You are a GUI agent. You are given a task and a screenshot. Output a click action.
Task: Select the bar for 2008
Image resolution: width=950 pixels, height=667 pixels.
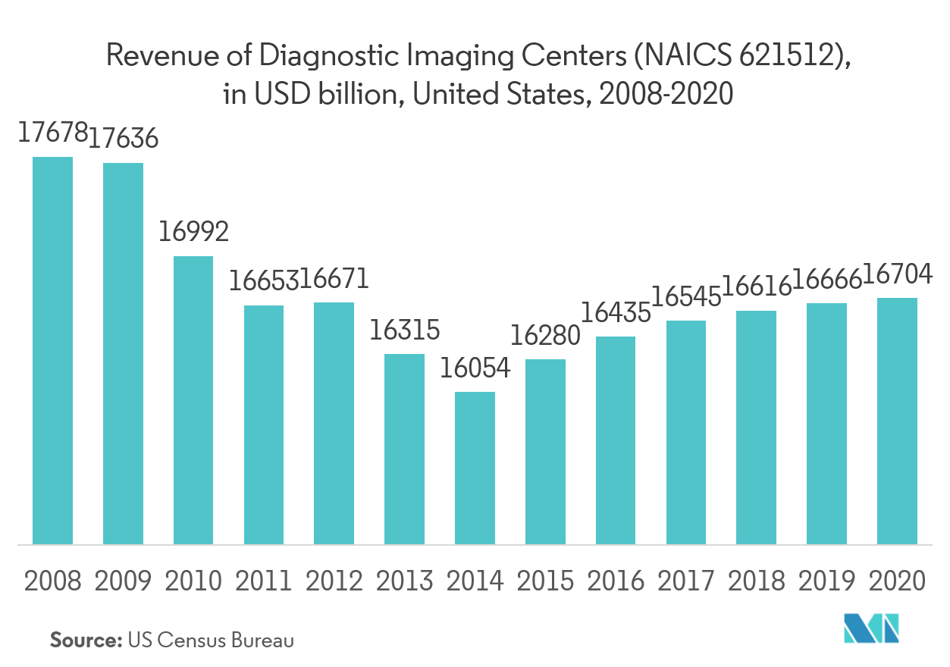coord(52,350)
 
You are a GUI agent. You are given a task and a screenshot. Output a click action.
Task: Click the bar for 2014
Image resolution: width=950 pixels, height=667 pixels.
coord(475,468)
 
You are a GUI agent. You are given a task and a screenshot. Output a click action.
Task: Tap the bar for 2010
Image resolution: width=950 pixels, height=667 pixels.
coord(193,399)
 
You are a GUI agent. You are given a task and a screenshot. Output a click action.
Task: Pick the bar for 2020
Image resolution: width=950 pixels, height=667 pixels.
coord(898,421)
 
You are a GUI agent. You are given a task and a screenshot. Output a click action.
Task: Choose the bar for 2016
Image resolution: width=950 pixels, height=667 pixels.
coord(616,440)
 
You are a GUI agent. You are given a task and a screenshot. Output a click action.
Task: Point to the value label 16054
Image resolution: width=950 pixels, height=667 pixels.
coord(475,368)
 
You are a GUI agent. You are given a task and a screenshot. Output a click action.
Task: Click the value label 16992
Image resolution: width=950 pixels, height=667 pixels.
coord(193,231)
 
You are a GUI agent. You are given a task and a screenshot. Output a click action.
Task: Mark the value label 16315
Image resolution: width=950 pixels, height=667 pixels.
coord(404,330)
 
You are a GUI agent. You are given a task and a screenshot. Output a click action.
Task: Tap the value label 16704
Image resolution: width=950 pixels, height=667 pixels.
coord(898,274)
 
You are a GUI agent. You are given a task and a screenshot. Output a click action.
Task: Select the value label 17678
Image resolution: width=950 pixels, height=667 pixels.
coord(50,133)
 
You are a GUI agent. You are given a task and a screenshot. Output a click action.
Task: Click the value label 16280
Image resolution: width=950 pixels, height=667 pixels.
coord(545,335)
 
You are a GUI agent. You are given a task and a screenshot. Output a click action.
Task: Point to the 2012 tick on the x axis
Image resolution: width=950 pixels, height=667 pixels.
coord(334,581)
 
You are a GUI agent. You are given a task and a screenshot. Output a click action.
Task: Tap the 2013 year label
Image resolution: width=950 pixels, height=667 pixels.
coord(405,581)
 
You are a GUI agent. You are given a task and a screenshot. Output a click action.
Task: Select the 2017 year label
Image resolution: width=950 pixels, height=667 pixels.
coord(686,581)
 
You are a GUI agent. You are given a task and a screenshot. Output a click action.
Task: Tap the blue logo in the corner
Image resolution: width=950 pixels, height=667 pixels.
coord(872,628)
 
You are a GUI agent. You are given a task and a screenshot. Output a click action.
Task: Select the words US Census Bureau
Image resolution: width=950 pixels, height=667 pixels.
coord(211,640)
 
